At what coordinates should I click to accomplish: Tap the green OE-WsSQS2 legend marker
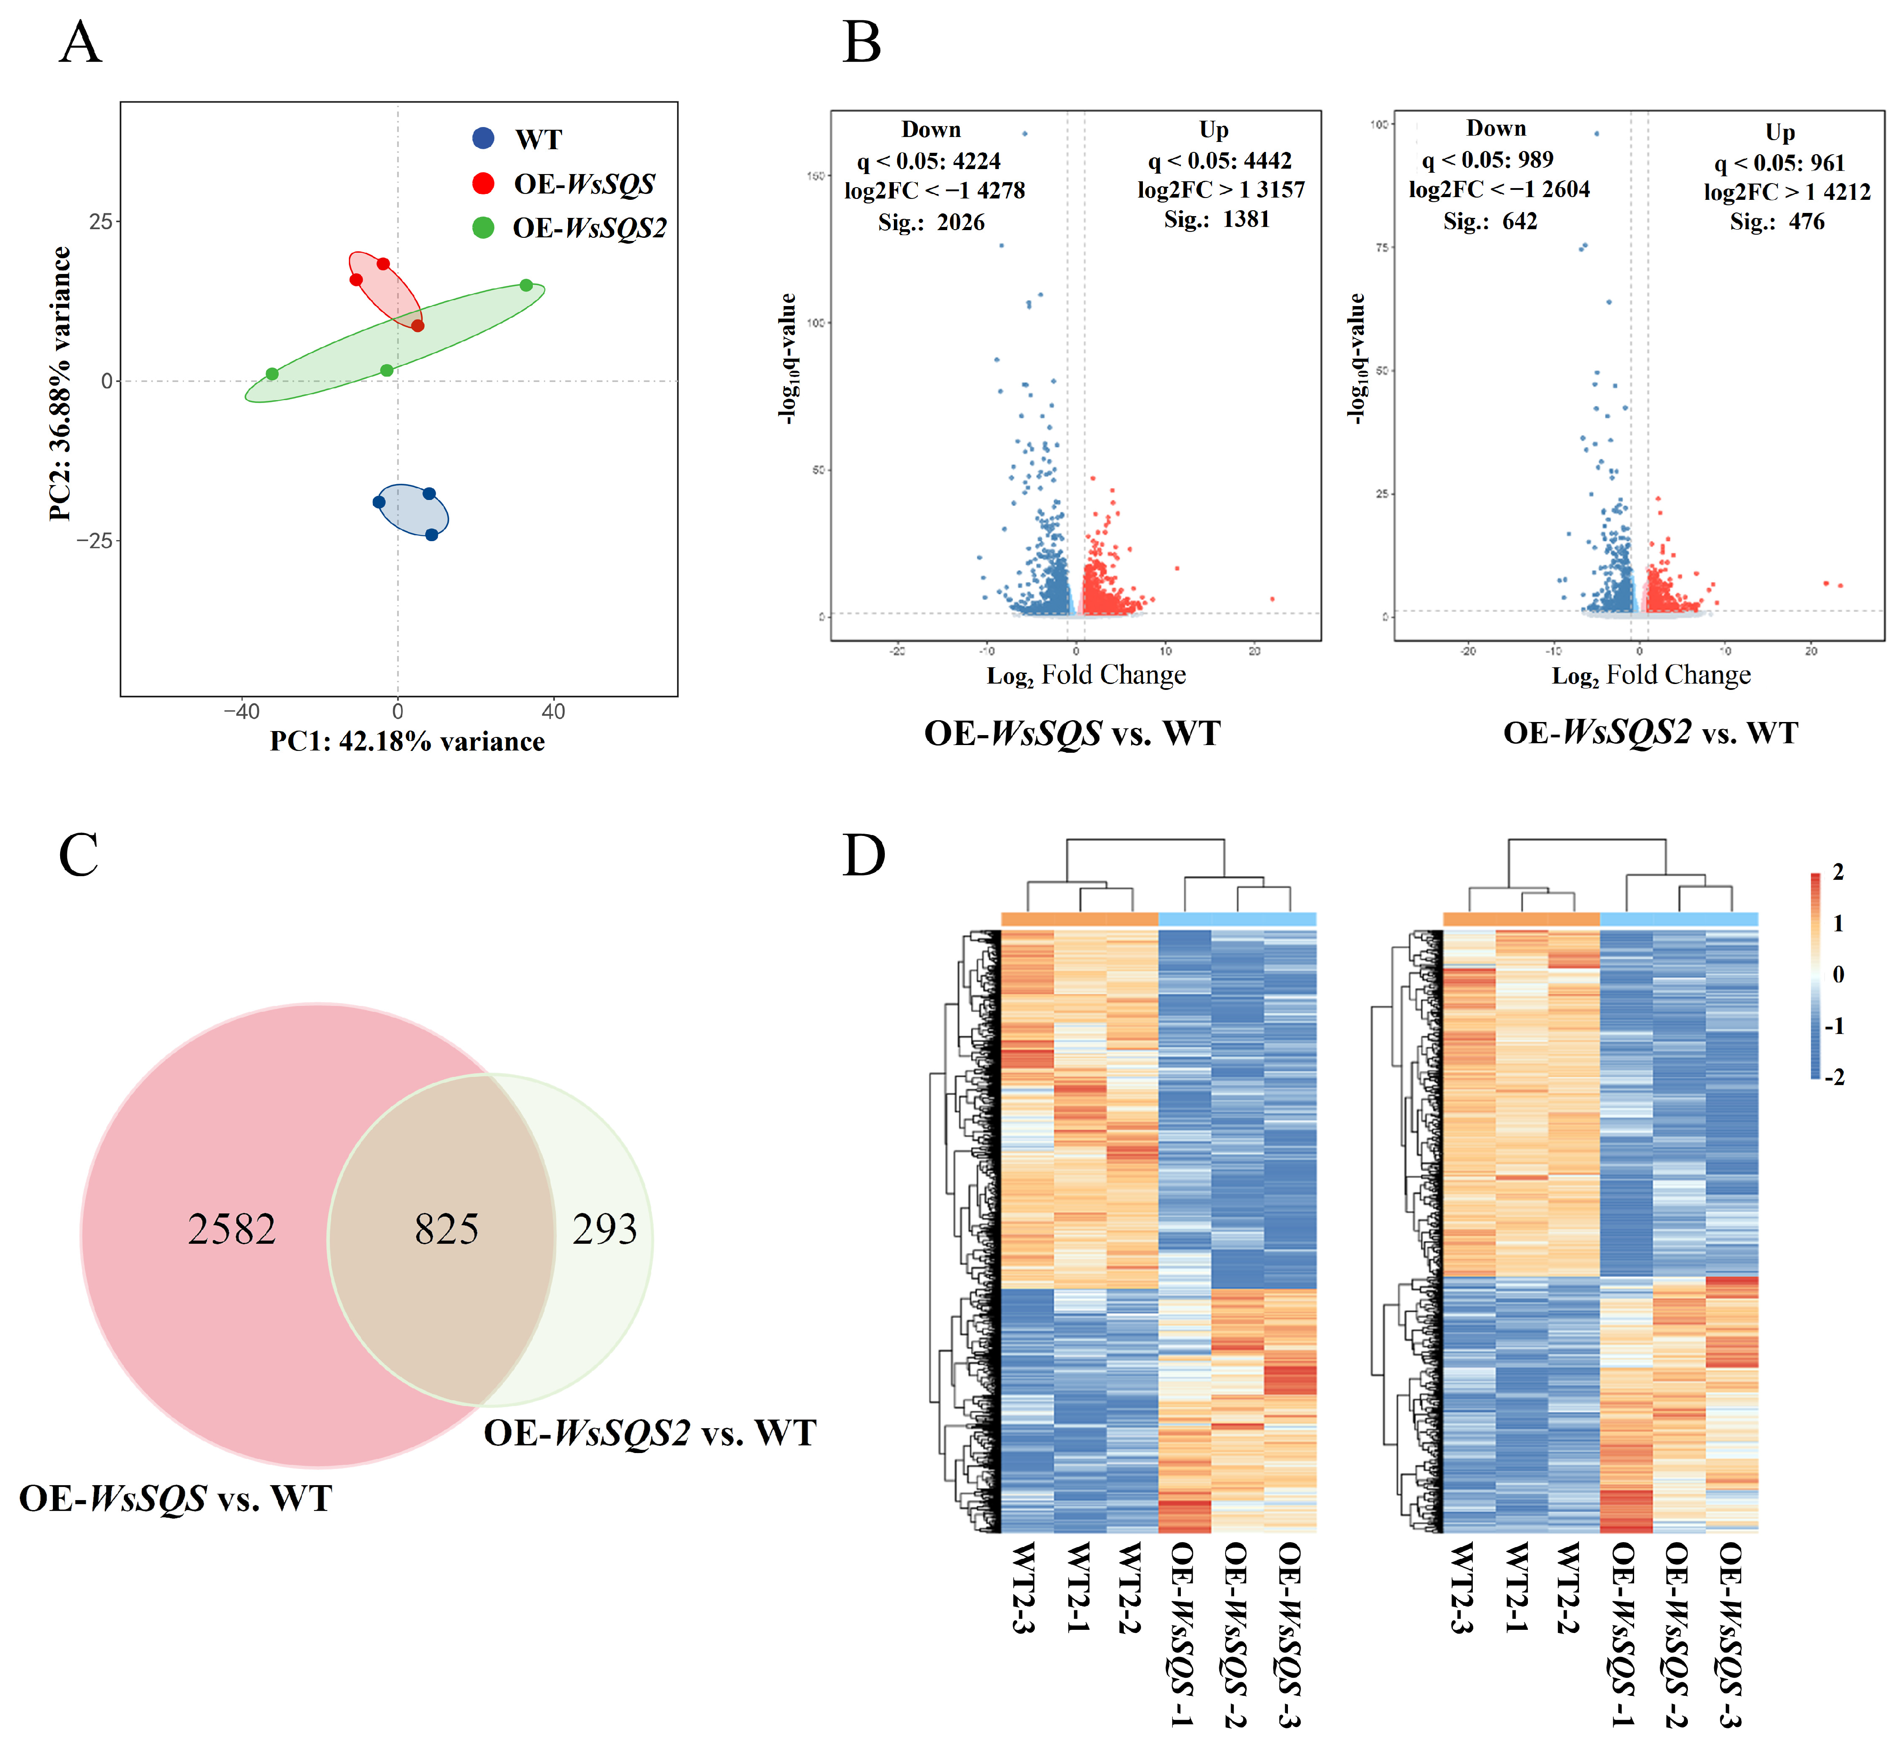(x=483, y=228)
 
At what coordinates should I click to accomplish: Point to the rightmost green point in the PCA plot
(x=526, y=285)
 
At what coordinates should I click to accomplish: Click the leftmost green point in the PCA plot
(x=272, y=374)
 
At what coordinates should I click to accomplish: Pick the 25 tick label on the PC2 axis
(x=100, y=222)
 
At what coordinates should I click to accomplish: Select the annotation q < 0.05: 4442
(x=1219, y=160)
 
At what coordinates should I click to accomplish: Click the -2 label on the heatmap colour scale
(x=1834, y=1077)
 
